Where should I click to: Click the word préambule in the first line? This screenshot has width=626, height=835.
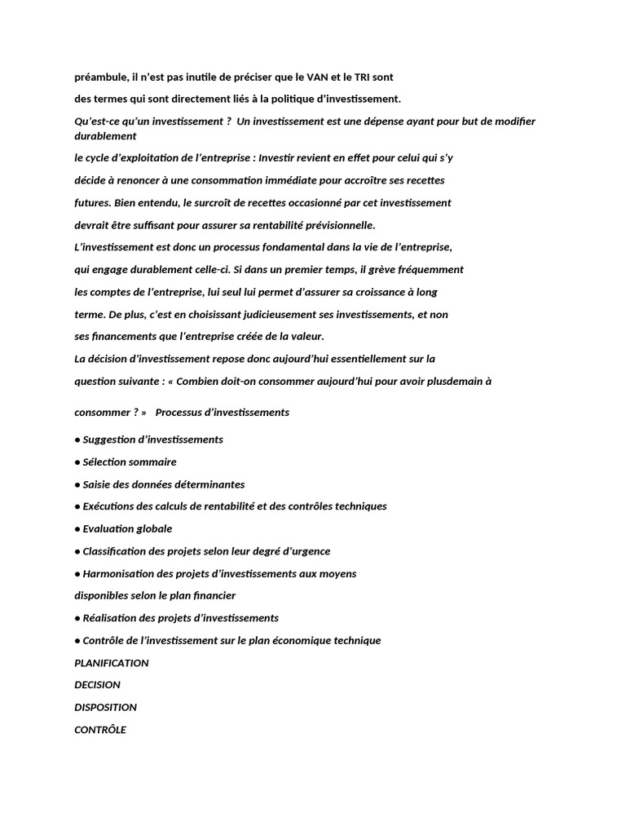click(x=100, y=77)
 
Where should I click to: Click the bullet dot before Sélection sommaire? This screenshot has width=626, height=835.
click(x=77, y=462)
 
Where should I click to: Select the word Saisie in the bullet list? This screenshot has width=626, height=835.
click(x=99, y=484)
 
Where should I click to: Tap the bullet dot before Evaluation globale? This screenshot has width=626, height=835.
click(x=77, y=529)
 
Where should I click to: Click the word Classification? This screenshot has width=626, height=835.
click(x=115, y=551)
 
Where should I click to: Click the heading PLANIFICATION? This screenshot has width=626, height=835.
click(x=112, y=663)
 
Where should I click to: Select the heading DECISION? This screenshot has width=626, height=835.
click(x=97, y=685)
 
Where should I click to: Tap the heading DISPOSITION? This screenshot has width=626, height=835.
click(x=105, y=707)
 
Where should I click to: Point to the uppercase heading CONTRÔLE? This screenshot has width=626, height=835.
click(x=100, y=730)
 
